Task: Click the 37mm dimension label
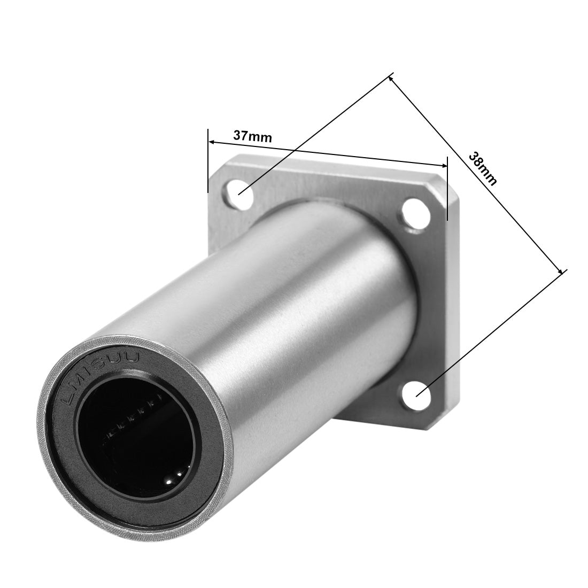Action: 252,136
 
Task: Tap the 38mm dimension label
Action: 482,168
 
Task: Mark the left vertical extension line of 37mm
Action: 207,160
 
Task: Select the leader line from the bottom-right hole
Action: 492,331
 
